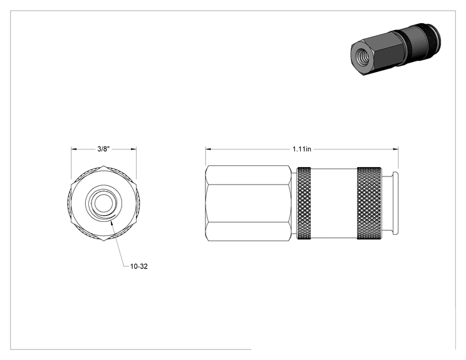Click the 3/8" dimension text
click(x=104, y=149)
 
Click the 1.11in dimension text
click(x=302, y=149)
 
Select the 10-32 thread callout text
click(x=139, y=266)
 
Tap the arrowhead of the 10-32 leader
click(x=111, y=222)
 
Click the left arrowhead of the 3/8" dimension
click(x=74, y=149)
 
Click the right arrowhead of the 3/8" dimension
click(x=134, y=149)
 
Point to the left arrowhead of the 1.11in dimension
click(x=209, y=149)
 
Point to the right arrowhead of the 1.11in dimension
click(x=396, y=149)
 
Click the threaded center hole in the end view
click(x=103, y=203)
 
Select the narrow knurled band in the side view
click(x=304, y=203)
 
